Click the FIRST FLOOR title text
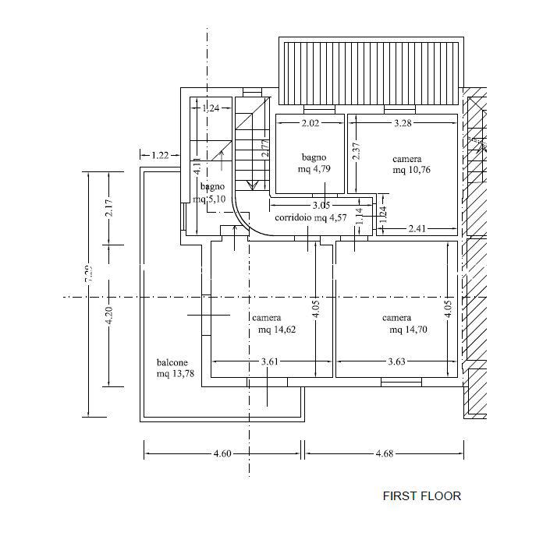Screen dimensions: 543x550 (421, 495)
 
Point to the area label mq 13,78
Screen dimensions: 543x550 (174, 375)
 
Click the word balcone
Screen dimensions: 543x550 (172, 363)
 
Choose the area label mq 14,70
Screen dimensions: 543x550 (408, 330)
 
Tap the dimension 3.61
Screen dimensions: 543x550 (269, 361)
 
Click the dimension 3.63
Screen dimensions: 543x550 (399, 361)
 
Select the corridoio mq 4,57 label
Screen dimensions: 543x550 (310, 218)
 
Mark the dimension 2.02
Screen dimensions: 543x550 (310, 123)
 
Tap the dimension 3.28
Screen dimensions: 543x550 (403, 123)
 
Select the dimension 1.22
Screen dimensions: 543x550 (161, 155)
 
